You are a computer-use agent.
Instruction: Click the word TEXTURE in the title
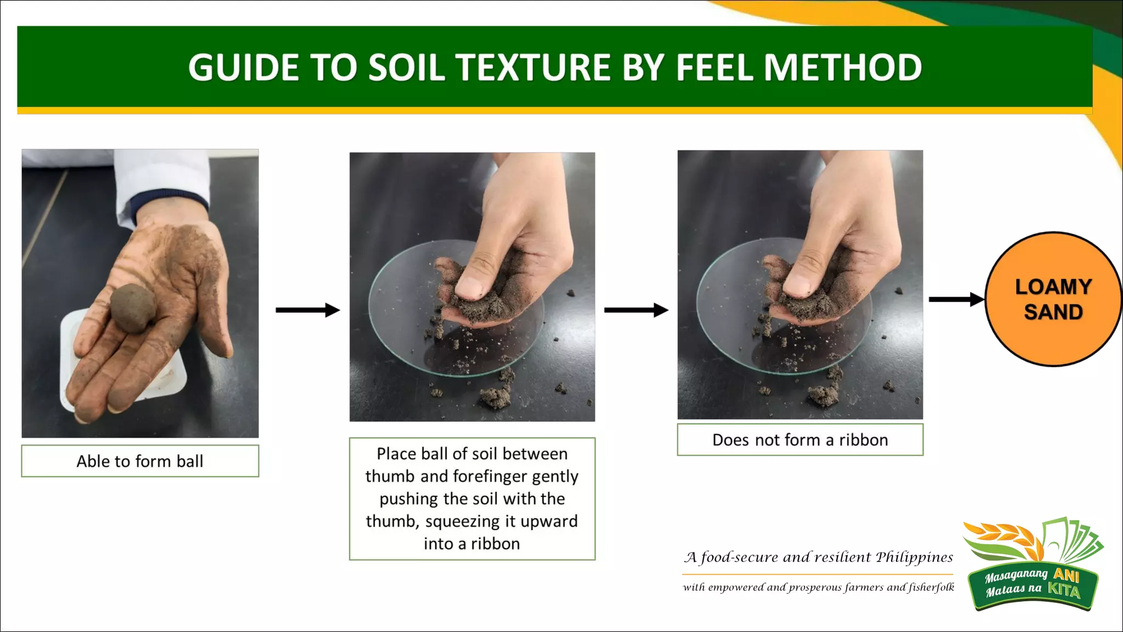click(533, 67)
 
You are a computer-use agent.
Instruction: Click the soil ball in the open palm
click(133, 308)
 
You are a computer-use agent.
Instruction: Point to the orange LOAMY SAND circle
click(1053, 299)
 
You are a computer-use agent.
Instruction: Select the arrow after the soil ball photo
click(307, 310)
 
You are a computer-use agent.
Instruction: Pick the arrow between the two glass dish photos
click(636, 310)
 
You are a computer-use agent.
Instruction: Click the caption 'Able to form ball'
click(140, 461)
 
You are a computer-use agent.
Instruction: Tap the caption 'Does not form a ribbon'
click(800, 440)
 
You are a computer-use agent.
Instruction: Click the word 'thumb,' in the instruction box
click(393, 521)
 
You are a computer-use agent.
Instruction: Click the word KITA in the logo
click(1064, 590)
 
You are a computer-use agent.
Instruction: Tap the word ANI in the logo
click(1066, 574)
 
